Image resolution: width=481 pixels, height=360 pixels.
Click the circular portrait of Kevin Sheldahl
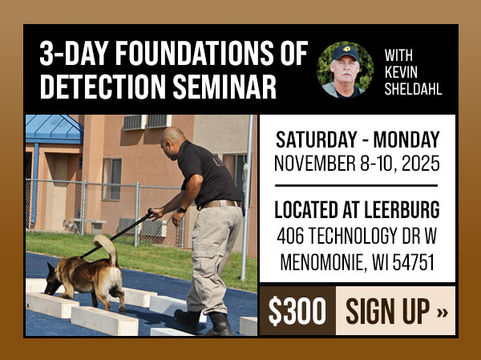coord(345,70)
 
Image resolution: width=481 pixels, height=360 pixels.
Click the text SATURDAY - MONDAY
coord(357,138)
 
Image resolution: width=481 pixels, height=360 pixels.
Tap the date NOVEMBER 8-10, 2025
coord(357,164)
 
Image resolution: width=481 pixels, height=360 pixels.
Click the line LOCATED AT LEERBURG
coord(357,211)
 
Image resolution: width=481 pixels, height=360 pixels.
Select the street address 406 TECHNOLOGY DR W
coord(357,237)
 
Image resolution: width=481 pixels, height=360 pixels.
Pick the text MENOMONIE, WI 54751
coord(357,262)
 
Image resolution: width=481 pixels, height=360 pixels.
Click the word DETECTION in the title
coord(96,87)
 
